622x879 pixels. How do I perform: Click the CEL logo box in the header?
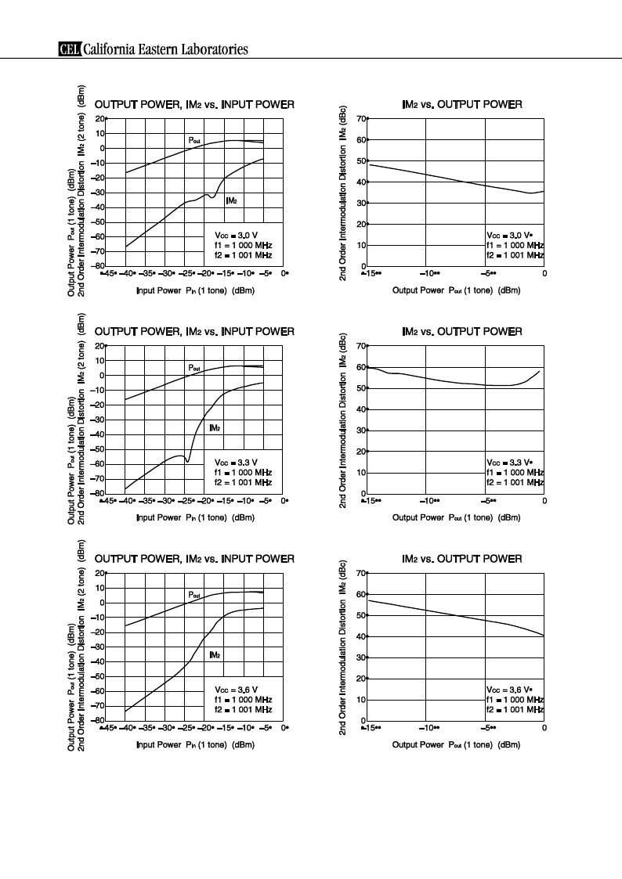[70, 49]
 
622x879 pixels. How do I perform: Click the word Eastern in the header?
[155, 49]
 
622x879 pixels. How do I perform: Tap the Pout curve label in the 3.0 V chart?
[194, 140]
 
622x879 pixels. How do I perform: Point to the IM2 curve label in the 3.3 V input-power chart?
[215, 427]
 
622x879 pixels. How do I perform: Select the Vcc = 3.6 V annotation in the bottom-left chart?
[236, 690]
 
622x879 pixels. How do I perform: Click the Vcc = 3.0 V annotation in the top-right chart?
[509, 236]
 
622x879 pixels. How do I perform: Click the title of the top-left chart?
[194, 104]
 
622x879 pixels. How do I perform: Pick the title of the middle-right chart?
[462, 331]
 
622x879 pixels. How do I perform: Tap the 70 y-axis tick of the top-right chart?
[361, 118]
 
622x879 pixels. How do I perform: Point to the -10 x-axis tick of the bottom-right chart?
[429, 728]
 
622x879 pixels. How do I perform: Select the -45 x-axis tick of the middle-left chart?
[108, 501]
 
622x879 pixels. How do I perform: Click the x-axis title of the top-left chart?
[195, 290]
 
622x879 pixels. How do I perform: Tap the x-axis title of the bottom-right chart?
[456, 744]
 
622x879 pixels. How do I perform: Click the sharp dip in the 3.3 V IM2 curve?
[186, 461]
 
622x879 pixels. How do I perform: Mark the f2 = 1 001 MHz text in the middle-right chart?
[515, 482]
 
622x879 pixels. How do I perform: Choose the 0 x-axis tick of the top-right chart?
[544, 274]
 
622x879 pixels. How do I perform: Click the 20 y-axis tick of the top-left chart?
[100, 118]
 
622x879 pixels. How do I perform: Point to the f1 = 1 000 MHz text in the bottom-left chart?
[243, 700]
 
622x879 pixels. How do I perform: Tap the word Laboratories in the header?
[215, 49]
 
